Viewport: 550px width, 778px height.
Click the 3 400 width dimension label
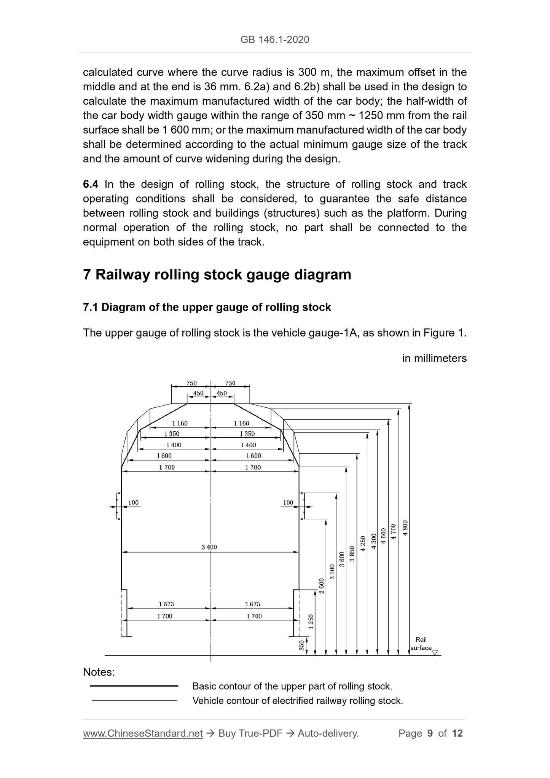pos(209,547)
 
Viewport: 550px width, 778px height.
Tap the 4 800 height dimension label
pos(405,528)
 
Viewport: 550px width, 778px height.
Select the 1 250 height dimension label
pos(311,622)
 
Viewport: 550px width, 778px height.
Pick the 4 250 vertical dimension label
pos(363,543)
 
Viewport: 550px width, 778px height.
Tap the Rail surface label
pos(421,644)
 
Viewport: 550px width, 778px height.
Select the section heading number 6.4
pos(91,184)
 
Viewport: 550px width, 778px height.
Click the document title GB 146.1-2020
pos(275,40)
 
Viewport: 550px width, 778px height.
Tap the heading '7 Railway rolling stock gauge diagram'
pos(217,274)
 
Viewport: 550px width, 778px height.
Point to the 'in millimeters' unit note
pos(434,358)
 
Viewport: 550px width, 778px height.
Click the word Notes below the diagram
pos(99,672)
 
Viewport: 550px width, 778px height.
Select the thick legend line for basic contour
pos(134,686)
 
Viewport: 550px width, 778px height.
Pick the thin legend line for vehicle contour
pos(134,700)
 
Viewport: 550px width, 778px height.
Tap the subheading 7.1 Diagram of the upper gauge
pos(207,307)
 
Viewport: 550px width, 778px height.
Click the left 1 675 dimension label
pos(166,604)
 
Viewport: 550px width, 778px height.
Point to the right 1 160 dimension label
pos(241,423)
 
